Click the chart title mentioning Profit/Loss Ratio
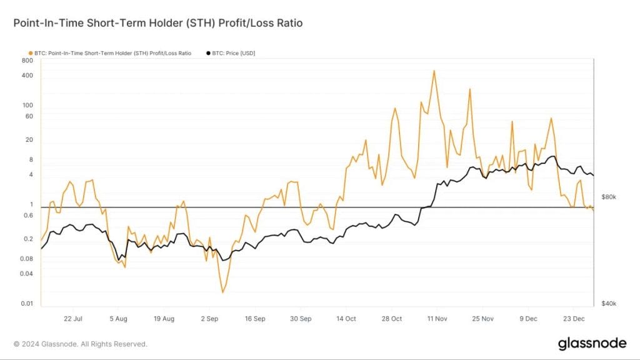click(158, 23)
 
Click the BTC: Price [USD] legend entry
click(231, 53)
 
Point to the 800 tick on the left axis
click(27, 61)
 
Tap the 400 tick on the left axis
click(27, 76)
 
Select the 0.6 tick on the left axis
click(28, 216)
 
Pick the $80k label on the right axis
click(608, 197)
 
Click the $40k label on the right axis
click(608, 304)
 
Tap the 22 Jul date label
click(74, 319)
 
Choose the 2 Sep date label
click(209, 319)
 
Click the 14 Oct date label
click(346, 319)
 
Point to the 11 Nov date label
click(437, 319)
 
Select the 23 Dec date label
click(574, 319)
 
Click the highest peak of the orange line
click(434, 71)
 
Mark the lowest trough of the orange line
click(222, 292)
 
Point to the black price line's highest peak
click(551, 156)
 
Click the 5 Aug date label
click(118, 319)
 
